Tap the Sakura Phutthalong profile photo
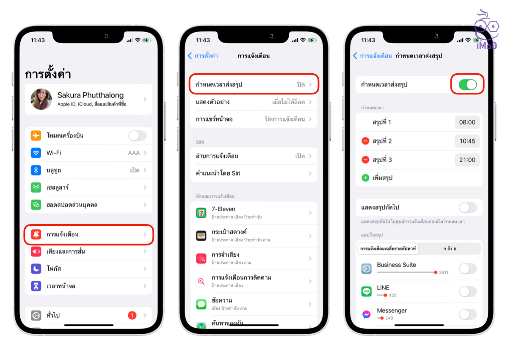point(41,99)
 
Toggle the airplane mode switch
point(137,136)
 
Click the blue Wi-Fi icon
point(36,153)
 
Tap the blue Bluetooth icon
point(36,170)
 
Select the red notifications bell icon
point(36,234)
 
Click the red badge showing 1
point(132,315)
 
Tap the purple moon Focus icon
point(36,269)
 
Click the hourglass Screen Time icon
point(36,286)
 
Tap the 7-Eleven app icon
point(201,213)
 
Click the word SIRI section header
point(200,142)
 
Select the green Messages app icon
point(201,304)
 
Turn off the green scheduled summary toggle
point(468,85)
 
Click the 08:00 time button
point(467,122)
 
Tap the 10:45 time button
point(467,141)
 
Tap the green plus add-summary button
point(365,178)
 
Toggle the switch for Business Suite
point(468,269)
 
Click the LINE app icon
point(366,291)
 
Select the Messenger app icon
point(366,314)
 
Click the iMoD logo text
point(486,46)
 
